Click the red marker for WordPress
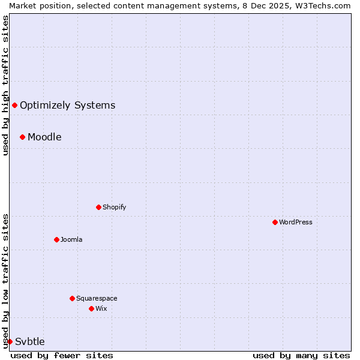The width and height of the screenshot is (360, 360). tap(275, 222)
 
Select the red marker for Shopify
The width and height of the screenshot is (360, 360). tap(98, 207)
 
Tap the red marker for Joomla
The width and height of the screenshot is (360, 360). tap(56, 239)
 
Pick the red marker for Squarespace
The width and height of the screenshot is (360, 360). tap(72, 298)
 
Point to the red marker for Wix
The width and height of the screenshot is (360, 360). tap(91, 308)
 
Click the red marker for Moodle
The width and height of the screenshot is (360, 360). tap(22, 137)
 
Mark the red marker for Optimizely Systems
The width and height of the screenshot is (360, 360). tap(14, 105)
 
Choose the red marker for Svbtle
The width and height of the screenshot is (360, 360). tap(10, 341)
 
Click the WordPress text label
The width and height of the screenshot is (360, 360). tap(296, 222)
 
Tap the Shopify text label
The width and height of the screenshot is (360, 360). tap(114, 207)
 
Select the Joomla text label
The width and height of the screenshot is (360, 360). tap(71, 239)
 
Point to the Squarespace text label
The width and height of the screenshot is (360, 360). tap(97, 298)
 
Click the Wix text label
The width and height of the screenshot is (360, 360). tap(101, 308)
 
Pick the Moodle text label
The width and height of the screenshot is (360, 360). tap(44, 137)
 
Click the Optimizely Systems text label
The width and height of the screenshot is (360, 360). tap(67, 105)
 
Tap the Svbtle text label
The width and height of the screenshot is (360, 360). tap(30, 341)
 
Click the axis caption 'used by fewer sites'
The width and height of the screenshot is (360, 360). tap(62, 355)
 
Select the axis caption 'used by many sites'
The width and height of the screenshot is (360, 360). tap(301, 355)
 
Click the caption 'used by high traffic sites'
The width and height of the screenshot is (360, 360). tap(5, 85)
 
